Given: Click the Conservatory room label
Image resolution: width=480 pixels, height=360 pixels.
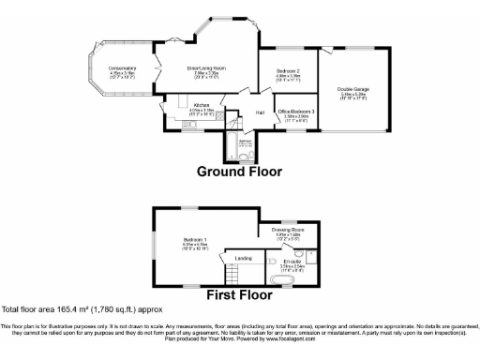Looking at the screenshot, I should tap(122, 70).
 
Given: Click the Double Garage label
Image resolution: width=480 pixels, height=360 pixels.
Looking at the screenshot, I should tap(352, 92).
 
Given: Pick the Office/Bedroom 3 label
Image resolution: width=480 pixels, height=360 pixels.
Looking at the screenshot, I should tap(296, 112).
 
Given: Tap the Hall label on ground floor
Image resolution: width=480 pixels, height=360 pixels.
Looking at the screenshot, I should tap(260, 112).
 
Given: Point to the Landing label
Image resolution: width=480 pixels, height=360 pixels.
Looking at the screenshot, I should tap(243, 258).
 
